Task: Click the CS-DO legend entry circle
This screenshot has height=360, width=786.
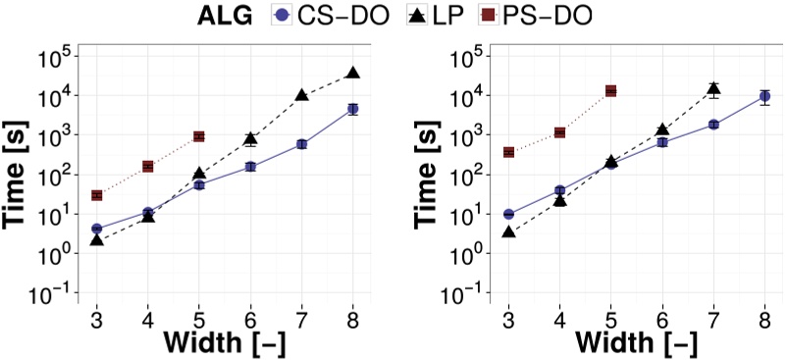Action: (283, 15)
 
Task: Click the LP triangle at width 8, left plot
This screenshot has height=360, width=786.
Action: (353, 73)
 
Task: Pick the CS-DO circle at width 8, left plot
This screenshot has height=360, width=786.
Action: (353, 109)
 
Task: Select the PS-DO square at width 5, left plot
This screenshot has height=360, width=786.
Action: (198, 136)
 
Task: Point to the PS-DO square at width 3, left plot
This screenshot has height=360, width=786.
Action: (97, 195)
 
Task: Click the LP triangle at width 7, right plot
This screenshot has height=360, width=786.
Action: (713, 89)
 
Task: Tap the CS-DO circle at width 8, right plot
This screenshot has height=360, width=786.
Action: (764, 96)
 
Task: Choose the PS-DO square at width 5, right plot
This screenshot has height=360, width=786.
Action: (610, 91)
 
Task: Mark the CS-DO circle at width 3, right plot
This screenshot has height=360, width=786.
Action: (509, 214)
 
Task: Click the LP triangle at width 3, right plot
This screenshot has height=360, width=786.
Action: (509, 232)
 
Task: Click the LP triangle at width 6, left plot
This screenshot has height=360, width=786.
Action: (250, 139)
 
